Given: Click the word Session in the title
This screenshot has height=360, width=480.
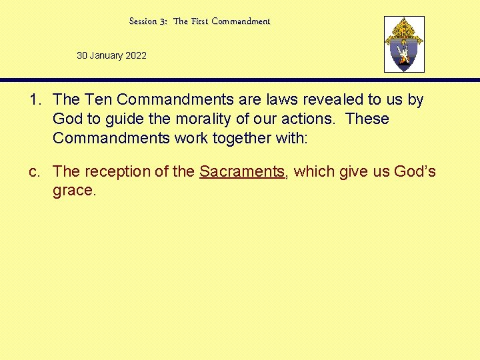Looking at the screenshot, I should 143,21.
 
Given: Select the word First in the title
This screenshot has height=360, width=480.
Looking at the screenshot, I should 200,21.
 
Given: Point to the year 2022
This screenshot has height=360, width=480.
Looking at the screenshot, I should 135,55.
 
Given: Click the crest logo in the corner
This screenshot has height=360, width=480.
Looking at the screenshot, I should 404,44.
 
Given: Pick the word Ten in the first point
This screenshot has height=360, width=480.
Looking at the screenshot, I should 93,100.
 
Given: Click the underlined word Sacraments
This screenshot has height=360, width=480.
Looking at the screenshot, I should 242,171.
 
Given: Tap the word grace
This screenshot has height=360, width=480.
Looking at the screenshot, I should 74,191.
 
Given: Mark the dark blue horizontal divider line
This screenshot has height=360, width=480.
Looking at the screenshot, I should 240,80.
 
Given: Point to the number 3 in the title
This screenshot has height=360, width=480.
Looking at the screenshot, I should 163,21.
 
